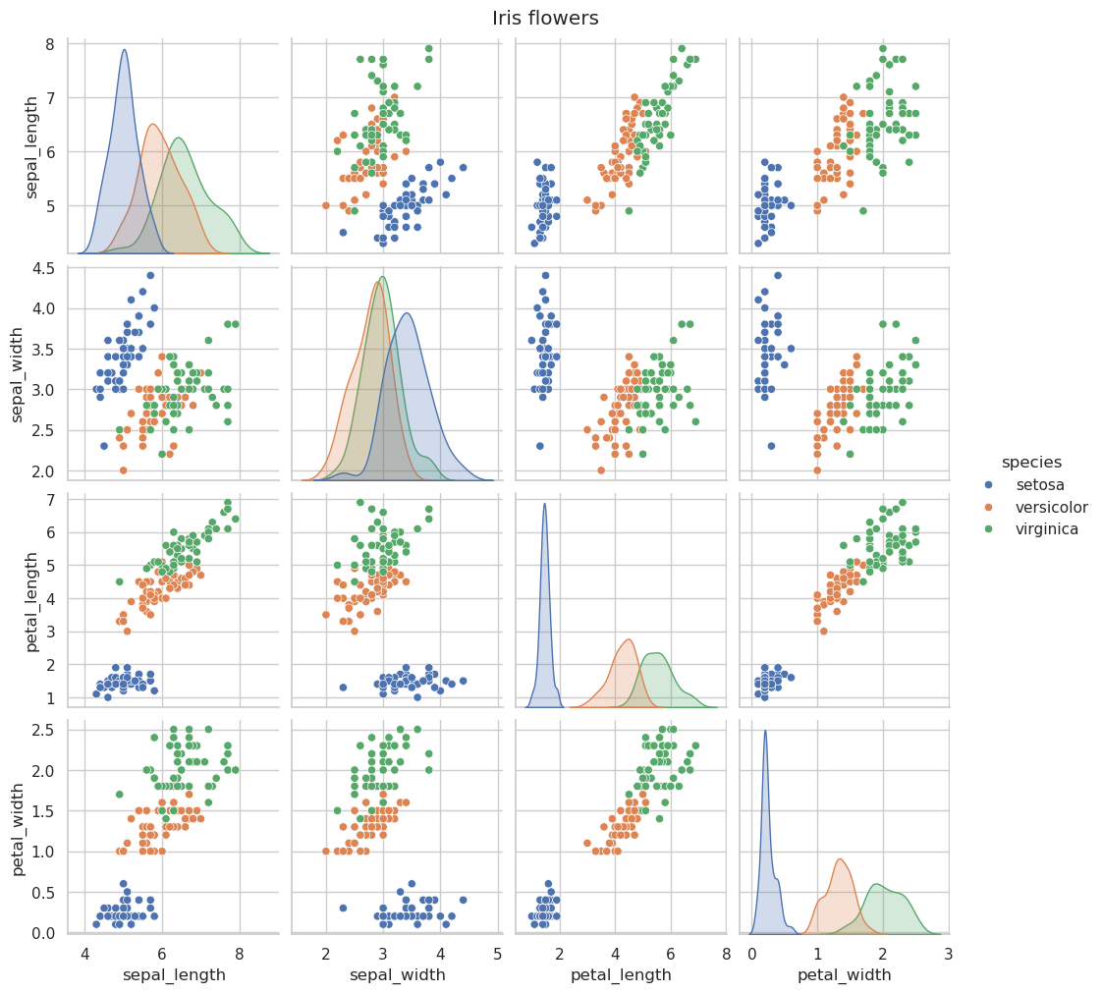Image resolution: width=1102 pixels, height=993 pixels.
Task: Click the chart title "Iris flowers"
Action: pos(545,18)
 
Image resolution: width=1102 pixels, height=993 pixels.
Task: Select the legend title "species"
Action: pos(1031,463)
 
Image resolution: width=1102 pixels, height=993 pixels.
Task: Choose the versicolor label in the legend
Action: pos(1051,508)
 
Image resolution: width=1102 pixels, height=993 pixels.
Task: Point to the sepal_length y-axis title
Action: pos(31,147)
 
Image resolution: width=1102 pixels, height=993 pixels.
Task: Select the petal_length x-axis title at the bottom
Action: pos(621,975)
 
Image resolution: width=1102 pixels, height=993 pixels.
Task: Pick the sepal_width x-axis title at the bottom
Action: pos(397,975)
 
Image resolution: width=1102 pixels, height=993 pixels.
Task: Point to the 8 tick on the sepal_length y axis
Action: pos(50,44)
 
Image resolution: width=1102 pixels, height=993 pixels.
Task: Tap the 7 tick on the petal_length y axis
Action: pos(50,500)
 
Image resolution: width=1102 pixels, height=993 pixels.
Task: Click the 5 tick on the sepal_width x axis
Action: pos(498,954)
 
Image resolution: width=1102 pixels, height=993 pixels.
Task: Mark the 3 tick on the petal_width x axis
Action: pos(948,954)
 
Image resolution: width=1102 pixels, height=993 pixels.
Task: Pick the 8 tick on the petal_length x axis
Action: pos(726,954)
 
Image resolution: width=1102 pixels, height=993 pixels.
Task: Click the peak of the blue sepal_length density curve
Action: pos(125,50)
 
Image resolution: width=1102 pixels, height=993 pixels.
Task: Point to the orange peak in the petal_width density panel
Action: pos(840,858)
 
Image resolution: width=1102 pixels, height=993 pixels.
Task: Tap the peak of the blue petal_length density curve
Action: pos(544,504)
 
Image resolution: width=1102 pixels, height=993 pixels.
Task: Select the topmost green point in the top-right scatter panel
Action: pos(883,48)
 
